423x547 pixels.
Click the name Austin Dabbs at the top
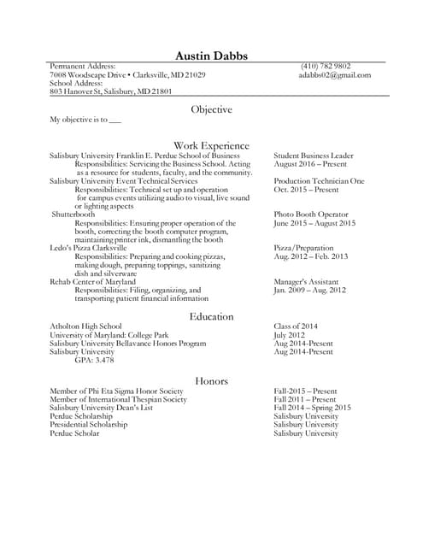click(211, 56)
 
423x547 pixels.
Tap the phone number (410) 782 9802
click(325, 66)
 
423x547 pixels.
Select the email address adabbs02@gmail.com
click(335, 75)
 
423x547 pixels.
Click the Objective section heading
click(211, 110)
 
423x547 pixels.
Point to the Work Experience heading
click(211, 145)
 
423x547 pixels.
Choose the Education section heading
click(211, 316)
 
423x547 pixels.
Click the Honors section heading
click(211, 380)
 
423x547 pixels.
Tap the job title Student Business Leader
click(314, 156)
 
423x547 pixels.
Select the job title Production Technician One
click(319, 181)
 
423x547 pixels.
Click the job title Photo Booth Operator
click(311, 214)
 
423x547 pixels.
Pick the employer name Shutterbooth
click(73, 214)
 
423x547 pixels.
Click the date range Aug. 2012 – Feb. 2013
click(311, 256)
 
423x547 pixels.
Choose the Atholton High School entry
click(85, 326)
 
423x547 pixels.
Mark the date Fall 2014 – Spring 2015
click(313, 408)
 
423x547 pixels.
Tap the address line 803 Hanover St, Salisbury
click(111, 91)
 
